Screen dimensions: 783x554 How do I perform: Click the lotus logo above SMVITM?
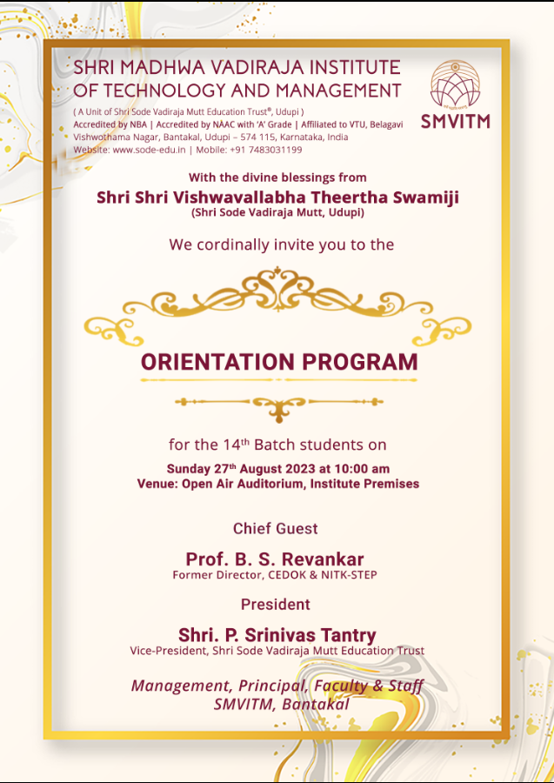pyautogui.click(x=456, y=87)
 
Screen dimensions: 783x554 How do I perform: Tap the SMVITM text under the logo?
pyautogui.click(x=456, y=122)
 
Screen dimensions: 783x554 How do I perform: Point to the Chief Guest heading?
pyautogui.click(x=276, y=528)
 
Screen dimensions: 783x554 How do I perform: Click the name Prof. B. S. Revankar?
pyautogui.click(x=275, y=559)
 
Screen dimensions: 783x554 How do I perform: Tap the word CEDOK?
pyautogui.click(x=298, y=575)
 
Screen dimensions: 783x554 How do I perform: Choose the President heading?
pyautogui.click(x=276, y=604)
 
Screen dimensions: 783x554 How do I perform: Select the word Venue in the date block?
pyautogui.click(x=157, y=484)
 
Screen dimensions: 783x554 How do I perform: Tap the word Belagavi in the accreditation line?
pyautogui.click(x=380, y=125)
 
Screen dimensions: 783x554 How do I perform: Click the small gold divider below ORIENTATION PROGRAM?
pyautogui.click(x=277, y=404)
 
